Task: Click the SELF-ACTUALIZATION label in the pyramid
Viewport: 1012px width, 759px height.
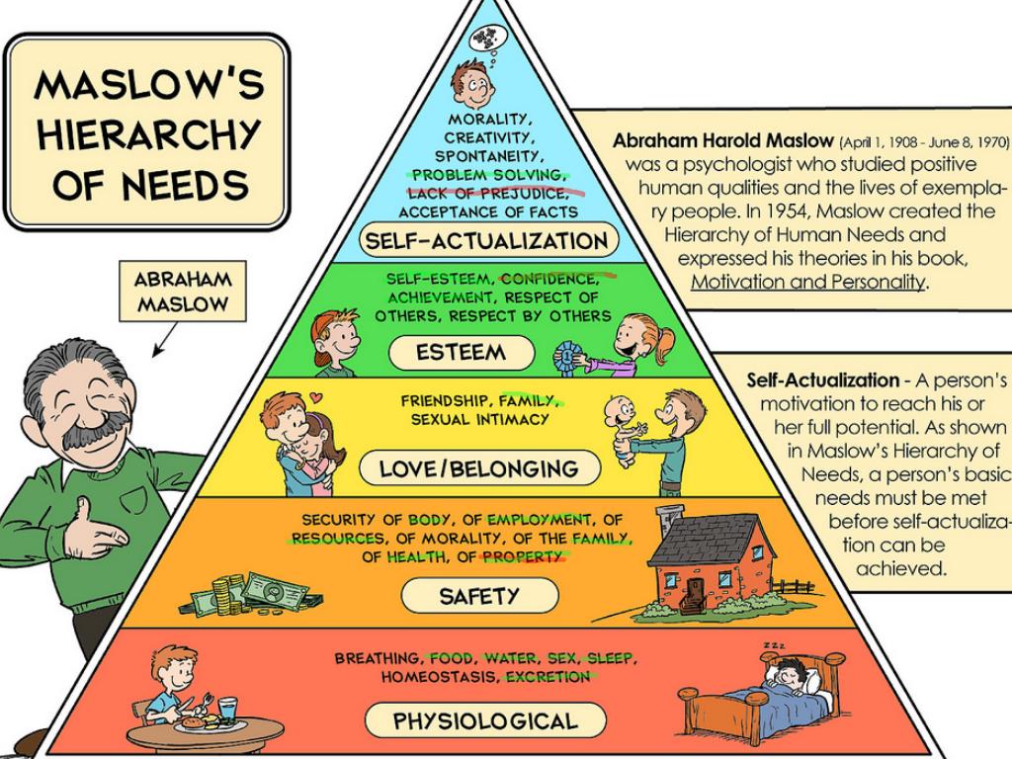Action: [485, 240]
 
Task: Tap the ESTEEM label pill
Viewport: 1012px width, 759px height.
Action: [461, 353]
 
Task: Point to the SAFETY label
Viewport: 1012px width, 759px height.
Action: [478, 596]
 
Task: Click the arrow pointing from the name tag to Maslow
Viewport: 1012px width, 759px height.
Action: [163, 340]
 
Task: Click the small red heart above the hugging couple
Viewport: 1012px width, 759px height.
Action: [315, 398]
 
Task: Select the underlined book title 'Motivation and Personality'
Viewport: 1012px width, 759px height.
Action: [808, 281]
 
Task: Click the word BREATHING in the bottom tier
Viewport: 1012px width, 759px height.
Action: [377, 658]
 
